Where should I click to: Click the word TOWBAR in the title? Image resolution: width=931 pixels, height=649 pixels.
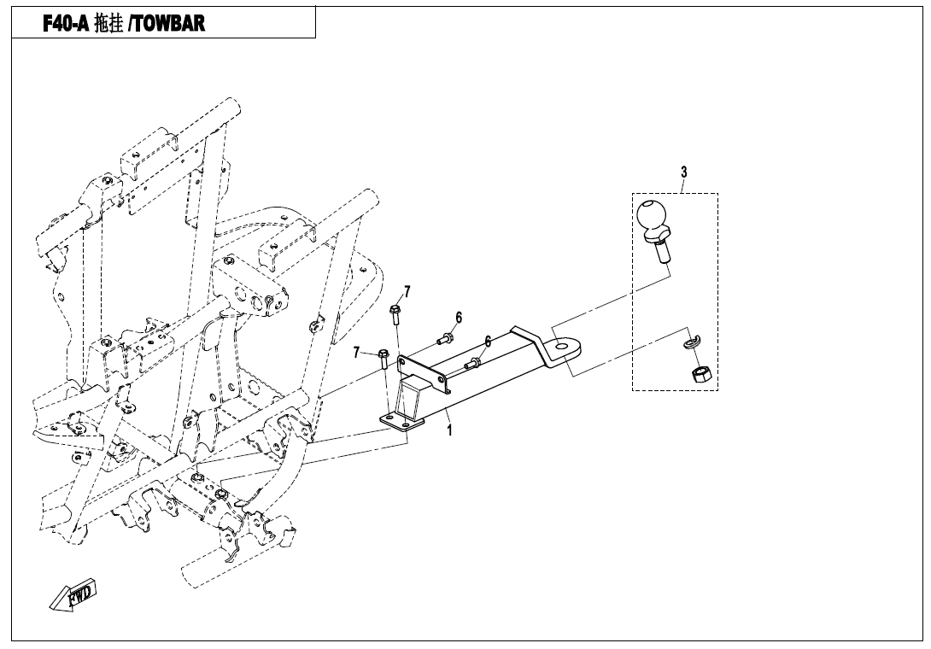point(167,23)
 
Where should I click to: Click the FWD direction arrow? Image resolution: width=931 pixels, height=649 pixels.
point(72,593)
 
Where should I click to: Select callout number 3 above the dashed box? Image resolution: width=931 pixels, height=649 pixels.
point(684,172)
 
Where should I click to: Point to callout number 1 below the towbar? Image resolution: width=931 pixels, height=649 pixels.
point(449,430)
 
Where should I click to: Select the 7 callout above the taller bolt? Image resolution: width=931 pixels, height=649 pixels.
point(407,291)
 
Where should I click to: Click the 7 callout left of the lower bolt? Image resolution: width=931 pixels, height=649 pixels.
point(356,353)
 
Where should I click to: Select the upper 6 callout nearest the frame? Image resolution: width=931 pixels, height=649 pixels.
point(459,318)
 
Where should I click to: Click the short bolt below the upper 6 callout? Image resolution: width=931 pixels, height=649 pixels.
point(445,340)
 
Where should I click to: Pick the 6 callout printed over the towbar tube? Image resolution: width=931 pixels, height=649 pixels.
point(488,342)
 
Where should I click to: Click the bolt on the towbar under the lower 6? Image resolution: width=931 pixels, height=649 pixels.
point(473,364)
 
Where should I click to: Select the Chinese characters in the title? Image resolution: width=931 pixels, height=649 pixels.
point(108,24)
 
